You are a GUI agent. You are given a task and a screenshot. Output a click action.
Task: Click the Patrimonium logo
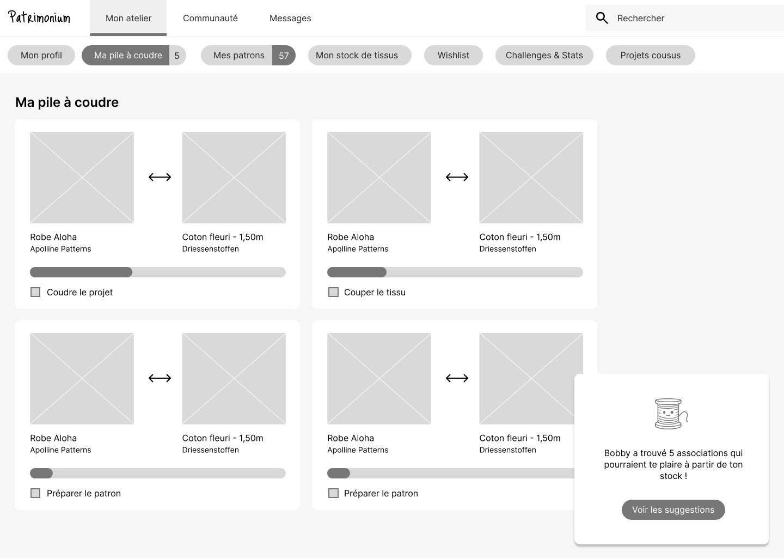(39, 17)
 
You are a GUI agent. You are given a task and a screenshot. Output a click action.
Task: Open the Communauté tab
(210, 18)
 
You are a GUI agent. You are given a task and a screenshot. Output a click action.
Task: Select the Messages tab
(290, 18)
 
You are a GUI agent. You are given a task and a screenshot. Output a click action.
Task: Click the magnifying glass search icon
(602, 18)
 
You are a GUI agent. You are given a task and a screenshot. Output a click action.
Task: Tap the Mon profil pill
(41, 56)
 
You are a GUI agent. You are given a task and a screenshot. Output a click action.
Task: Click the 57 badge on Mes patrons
(284, 56)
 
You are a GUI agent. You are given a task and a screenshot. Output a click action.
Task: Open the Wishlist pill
(453, 56)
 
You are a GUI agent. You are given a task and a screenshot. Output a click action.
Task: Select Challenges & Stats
(544, 56)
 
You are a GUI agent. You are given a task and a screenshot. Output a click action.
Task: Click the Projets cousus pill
(650, 56)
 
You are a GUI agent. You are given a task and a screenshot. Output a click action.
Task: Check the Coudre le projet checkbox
(35, 292)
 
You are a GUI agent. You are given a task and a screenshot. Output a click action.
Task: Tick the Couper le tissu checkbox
(333, 292)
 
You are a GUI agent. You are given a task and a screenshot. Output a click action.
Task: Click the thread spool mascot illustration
(671, 414)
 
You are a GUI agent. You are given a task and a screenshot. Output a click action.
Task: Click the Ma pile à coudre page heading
(67, 102)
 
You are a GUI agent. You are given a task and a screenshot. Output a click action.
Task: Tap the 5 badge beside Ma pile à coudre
(177, 56)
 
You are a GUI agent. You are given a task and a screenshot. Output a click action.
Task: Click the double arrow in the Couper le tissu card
(457, 177)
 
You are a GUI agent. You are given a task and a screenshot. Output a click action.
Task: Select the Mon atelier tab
(128, 18)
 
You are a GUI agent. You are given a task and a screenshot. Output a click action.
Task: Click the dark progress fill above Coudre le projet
(81, 272)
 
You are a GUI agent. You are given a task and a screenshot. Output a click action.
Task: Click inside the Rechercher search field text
(640, 18)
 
